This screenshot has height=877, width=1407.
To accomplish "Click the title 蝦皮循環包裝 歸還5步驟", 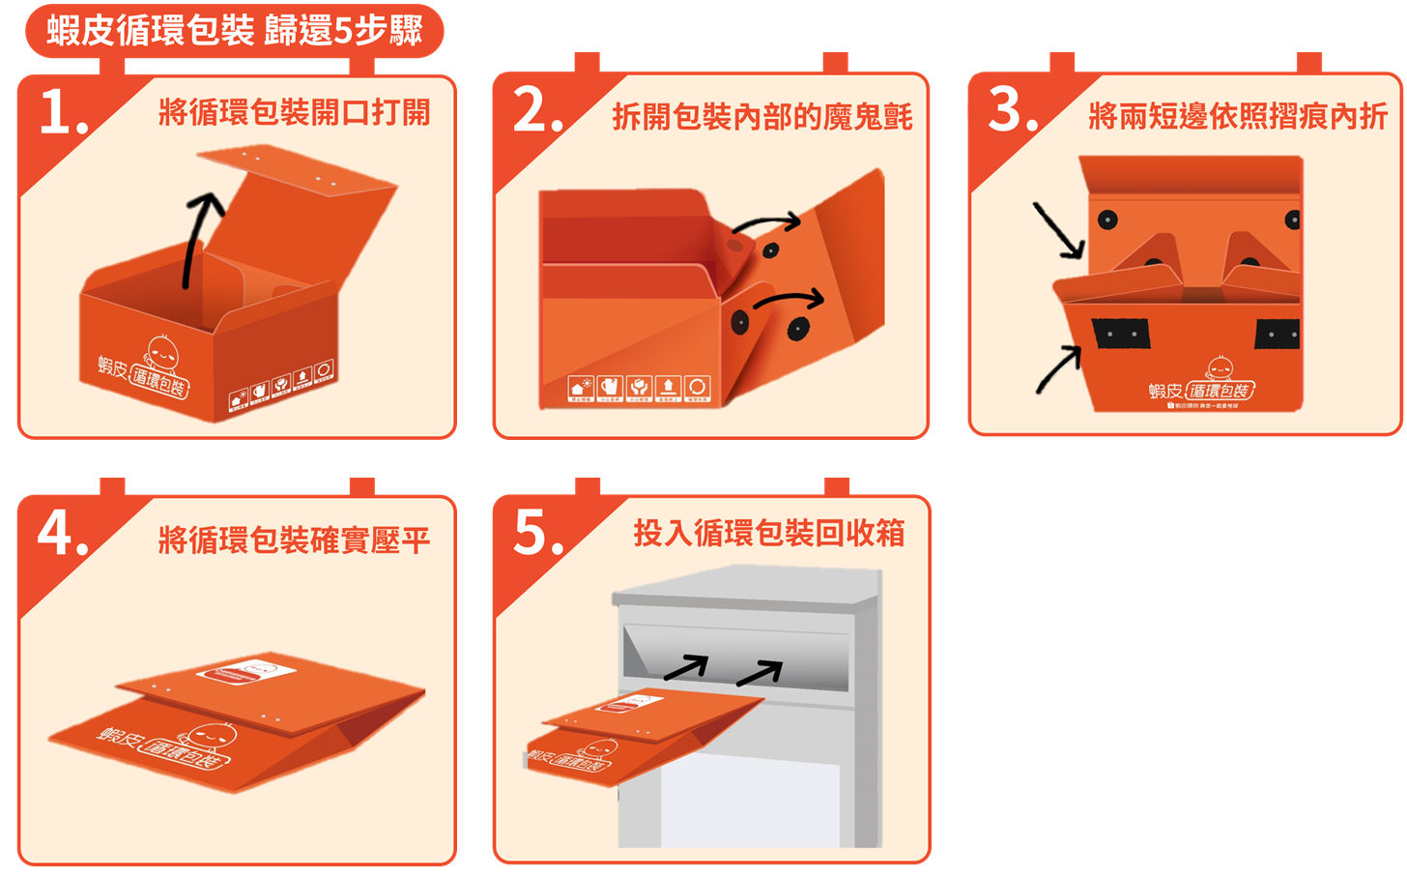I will coord(235,31).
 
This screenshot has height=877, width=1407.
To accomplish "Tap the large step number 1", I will coord(63,114).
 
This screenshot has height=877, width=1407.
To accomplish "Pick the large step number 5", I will coord(537,533).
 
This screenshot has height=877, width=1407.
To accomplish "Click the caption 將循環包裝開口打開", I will coord(294,112).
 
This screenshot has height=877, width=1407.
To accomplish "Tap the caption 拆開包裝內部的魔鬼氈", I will coord(761,117).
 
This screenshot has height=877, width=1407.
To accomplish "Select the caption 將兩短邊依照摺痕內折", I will coord(1237,116).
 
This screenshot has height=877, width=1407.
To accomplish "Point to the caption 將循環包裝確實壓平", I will coord(294,540).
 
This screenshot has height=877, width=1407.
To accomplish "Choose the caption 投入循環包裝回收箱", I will coord(768,533).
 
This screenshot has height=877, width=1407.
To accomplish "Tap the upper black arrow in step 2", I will coord(766,223).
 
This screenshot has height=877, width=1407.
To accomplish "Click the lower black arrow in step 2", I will coord(789,299).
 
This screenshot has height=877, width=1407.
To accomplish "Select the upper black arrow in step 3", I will coord(1058,231).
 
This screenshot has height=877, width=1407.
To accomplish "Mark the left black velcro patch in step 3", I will coord(1121,334).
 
